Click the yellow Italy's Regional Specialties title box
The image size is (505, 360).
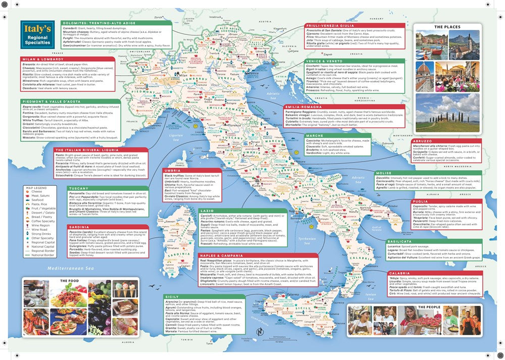click(37, 35)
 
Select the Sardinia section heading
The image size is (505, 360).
click(79, 227)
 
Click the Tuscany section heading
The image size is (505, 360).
click(79, 188)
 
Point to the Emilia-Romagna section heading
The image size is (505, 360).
click(304, 107)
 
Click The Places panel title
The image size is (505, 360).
click(446, 27)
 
